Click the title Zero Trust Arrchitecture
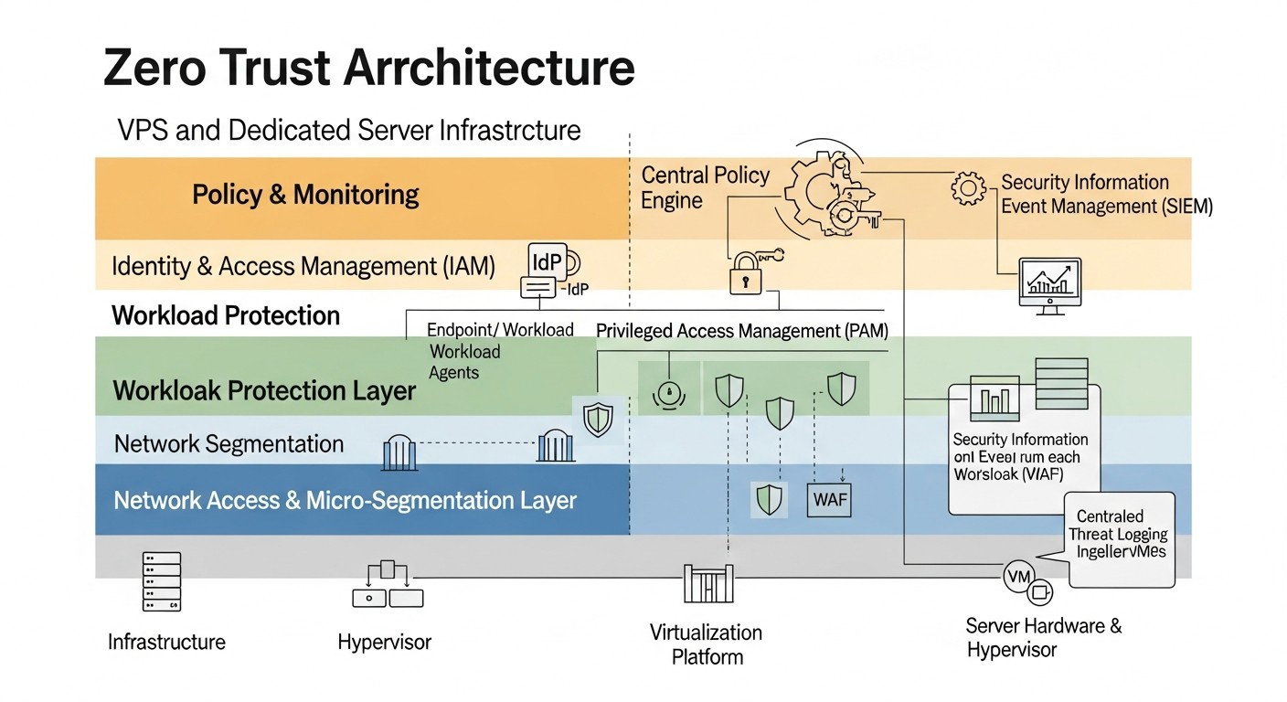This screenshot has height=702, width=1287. point(369,69)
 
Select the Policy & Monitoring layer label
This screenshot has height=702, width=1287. point(305,195)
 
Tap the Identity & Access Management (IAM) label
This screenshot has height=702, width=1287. point(303,266)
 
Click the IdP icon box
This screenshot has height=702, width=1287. point(548,261)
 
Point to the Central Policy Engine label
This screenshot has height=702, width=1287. point(705,187)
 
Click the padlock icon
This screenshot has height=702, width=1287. point(745,274)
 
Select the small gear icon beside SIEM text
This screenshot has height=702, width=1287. point(969,188)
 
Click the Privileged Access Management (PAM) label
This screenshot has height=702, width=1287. point(742,331)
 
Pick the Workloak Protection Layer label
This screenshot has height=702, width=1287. point(264,391)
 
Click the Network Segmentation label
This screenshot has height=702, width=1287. point(229,444)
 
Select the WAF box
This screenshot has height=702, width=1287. point(830,500)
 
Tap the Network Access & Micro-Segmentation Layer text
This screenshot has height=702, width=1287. point(345,501)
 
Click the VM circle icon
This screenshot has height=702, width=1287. point(1017,577)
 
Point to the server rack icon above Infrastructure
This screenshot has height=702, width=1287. point(162,581)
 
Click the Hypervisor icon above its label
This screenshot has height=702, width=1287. point(388,585)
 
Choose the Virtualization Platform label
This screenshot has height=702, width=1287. point(706,644)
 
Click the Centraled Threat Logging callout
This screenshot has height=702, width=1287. point(1121,535)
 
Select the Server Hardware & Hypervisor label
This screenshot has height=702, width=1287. point(1043,638)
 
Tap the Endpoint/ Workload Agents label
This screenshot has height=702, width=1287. point(500,351)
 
